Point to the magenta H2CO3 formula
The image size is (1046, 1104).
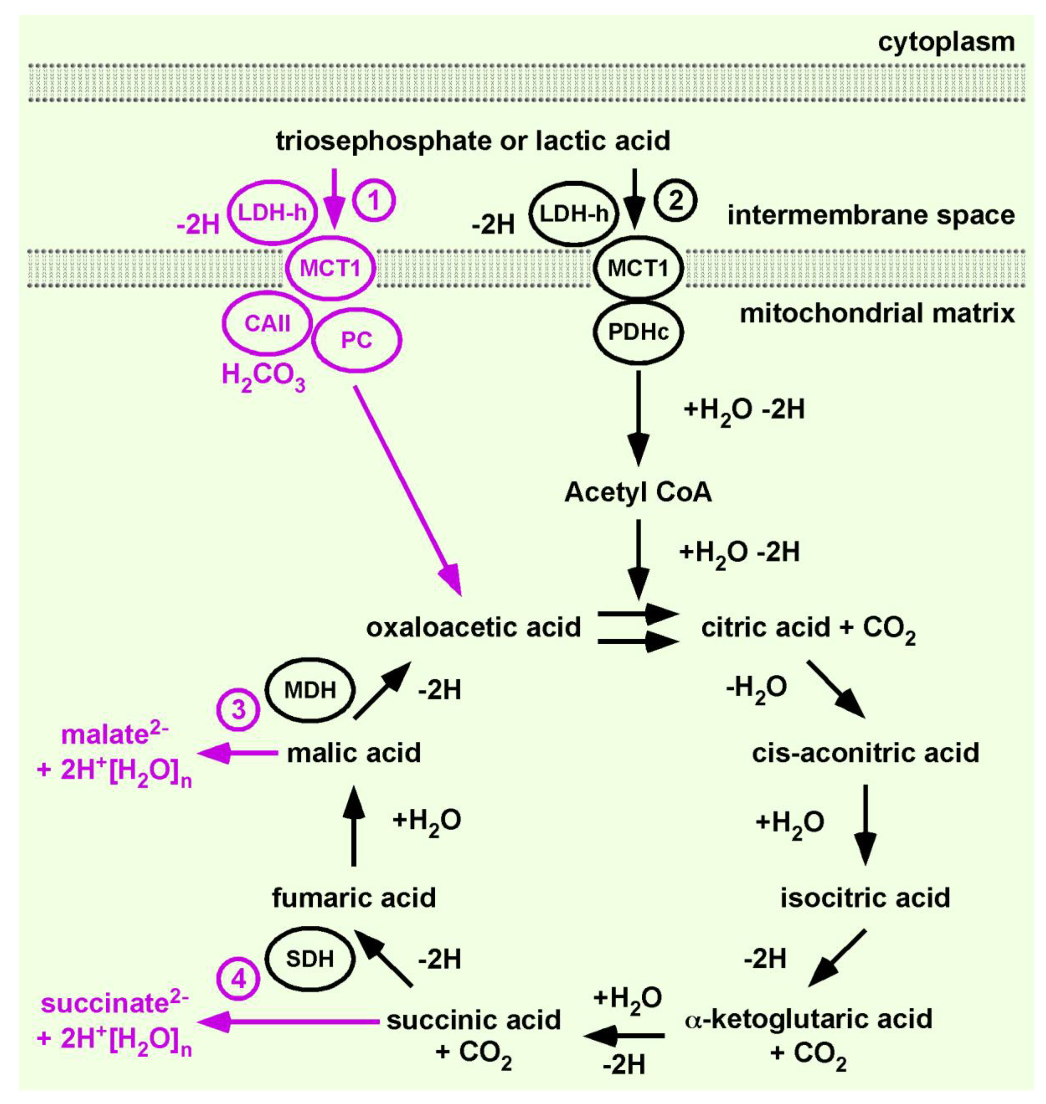pos(263,375)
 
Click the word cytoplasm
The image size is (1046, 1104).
pos(946,42)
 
